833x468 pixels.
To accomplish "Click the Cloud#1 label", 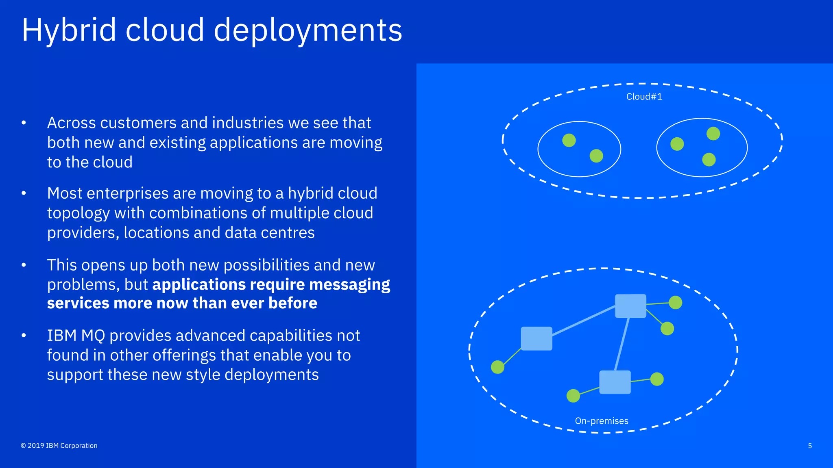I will tap(644, 97).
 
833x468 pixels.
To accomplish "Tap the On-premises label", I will tap(601, 421).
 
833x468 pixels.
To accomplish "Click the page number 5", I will tap(809, 446).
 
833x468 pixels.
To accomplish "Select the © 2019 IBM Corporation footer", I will tap(59, 446).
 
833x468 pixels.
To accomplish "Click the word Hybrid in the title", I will tap(69, 30).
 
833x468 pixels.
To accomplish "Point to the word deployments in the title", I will tap(307, 30).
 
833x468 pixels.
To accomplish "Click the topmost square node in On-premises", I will tap(630, 306).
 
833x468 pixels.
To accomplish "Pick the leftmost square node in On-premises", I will tap(536, 338).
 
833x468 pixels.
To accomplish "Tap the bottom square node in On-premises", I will tap(615, 382).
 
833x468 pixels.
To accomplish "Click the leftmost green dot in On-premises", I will tap(497, 367).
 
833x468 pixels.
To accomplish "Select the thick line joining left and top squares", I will tap(584, 321).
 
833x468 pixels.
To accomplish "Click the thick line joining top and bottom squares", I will tap(622, 344).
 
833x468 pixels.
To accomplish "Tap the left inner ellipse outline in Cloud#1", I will tap(538, 149).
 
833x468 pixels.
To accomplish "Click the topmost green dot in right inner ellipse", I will tap(713, 134).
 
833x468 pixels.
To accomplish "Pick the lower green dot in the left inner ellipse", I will tap(596, 156).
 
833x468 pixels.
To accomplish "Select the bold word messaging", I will tap(349, 284).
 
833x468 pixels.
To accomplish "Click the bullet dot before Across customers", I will tap(24, 123).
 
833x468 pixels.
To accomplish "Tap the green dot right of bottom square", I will tap(656, 379).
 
